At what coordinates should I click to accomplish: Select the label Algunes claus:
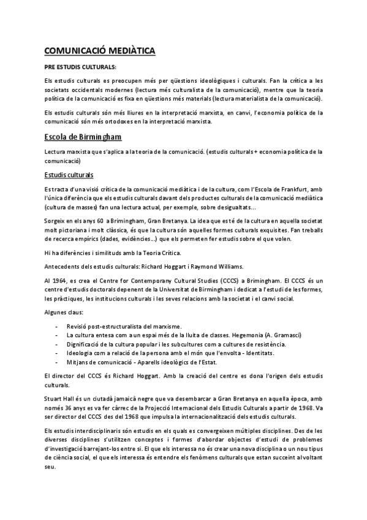(64, 313)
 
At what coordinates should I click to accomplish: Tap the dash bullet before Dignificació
(57, 344)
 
